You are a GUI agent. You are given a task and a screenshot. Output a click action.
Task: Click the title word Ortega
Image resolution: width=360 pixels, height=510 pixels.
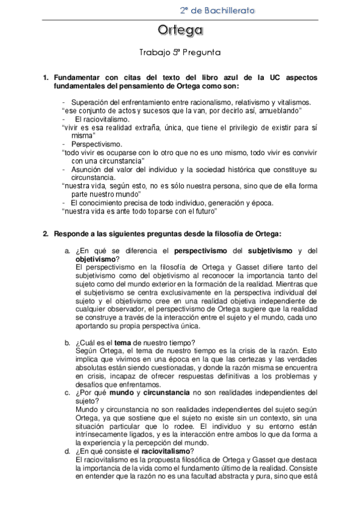point(180,30)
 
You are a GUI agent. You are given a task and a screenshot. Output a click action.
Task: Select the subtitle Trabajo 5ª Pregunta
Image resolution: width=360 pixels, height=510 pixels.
point(180,52)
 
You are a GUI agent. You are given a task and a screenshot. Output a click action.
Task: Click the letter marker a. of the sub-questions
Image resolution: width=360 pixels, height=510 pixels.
point(69,250)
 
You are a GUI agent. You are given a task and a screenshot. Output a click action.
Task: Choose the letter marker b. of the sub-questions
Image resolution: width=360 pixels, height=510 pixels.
point(69,343)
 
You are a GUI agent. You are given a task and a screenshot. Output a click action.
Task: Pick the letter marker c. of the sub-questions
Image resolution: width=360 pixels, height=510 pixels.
point(69,393)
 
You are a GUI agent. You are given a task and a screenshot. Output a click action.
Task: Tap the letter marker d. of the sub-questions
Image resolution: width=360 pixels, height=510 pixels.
point(69,451)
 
